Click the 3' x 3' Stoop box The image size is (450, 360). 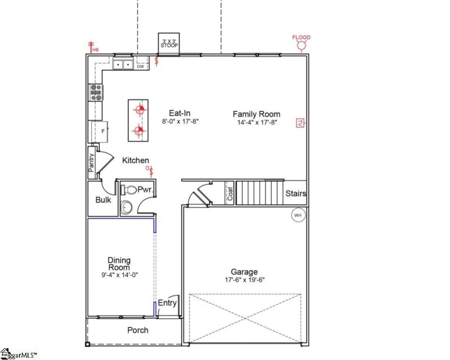[x=169, y=43]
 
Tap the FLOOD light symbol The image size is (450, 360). [x=301, y=44]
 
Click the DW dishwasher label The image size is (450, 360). [x=141, y=66]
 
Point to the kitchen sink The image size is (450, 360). [x=122, y=65]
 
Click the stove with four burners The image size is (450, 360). [x=95, y=92]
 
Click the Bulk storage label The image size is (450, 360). [x=103, y=200]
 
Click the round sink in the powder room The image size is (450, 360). [x=127, y=208]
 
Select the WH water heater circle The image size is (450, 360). [x=298, y=214]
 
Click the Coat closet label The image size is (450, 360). [x=229, y=193]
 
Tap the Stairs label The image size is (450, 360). [x=296, y=193]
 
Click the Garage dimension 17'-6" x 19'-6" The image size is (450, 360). [x=244, y=280]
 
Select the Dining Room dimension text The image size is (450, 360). [x=119, y=275]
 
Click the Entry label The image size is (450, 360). [x=167, y=303]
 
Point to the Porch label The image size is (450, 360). [x=138, y=330]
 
